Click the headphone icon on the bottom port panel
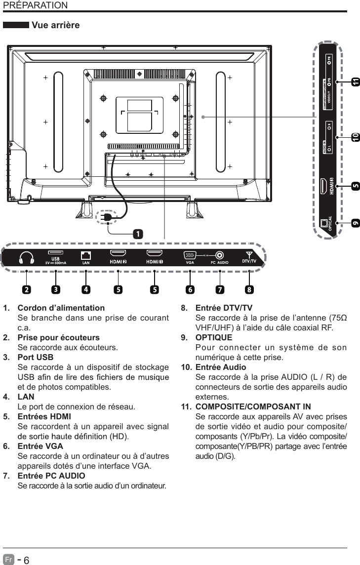point(26,257)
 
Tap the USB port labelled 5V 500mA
point(55,254)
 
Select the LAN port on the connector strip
point(86,256)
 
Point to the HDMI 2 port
point(118,255)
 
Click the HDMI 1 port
point(155,255)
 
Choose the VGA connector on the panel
point(190,255)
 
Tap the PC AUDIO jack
point(219,255)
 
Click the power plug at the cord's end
point(105,217)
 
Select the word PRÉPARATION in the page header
point(35,5)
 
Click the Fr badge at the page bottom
point(9,560)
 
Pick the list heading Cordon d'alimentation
point(61,308)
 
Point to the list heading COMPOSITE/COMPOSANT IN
point(253,407)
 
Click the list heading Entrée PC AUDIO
point(51,476)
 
